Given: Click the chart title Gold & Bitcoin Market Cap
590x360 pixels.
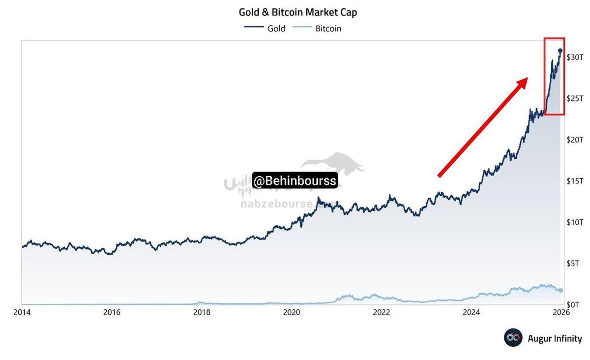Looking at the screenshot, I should (x=297, y=12).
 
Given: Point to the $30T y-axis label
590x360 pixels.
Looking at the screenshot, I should (x=575, y=58).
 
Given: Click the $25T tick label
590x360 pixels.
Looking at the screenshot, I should (x=575, y=99).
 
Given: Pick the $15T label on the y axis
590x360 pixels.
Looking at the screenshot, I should (x=575, y=181).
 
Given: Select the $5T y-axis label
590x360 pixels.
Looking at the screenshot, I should (x=575, y=264).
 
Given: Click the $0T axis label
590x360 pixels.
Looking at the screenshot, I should (x=575, y=305).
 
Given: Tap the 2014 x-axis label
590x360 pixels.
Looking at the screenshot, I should (x=22, y=312).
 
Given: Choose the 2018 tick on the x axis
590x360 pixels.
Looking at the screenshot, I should (x=202, y=312).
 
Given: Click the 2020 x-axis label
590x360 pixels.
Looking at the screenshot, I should (x=292, y=312).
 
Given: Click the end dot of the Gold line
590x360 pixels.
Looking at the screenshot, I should (x=560, y=51).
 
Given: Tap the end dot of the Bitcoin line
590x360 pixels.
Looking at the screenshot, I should (x=561, y=290).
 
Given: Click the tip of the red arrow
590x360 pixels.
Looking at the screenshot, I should (x=527, y=79).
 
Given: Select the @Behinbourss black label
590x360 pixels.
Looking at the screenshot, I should (x=295, y=181).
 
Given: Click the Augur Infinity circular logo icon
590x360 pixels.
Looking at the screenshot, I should (x=513, y=338).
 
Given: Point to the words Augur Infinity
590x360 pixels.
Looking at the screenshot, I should (x=555, y=338).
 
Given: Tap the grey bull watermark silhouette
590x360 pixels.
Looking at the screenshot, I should (x=334, y=165).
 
